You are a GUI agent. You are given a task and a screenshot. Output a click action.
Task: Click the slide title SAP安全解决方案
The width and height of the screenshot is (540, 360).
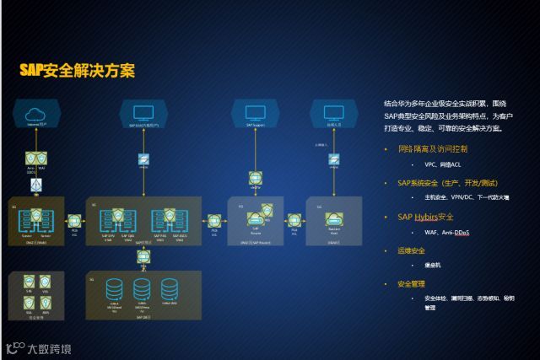[77, 71]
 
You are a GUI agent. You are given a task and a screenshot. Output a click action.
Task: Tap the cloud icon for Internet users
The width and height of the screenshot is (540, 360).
[35, 113]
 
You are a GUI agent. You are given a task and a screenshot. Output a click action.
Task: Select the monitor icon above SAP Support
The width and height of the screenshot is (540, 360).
[256, 112]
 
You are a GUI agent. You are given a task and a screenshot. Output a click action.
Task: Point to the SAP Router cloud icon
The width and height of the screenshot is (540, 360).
[256, 219]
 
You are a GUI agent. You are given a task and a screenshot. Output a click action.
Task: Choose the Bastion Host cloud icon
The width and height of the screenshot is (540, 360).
[333, 219]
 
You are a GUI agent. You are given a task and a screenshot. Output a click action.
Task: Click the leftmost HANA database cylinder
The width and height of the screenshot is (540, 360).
[115, 289]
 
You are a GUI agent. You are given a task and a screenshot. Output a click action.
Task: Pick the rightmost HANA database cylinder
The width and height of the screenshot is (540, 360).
[169, 289]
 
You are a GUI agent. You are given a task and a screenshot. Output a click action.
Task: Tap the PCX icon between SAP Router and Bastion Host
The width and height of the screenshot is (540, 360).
[294, 221]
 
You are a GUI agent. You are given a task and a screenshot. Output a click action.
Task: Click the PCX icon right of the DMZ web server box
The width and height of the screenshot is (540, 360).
[74, 221]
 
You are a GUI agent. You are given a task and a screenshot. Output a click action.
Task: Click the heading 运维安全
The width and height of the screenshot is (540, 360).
[411, 250]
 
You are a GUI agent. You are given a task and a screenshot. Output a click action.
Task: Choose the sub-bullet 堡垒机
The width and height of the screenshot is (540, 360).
[432, 266]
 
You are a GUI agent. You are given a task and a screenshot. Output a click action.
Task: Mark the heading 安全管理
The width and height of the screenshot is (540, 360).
[411, 283]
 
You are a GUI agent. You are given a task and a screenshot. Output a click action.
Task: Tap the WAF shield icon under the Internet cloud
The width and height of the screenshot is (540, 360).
[42, 158]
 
